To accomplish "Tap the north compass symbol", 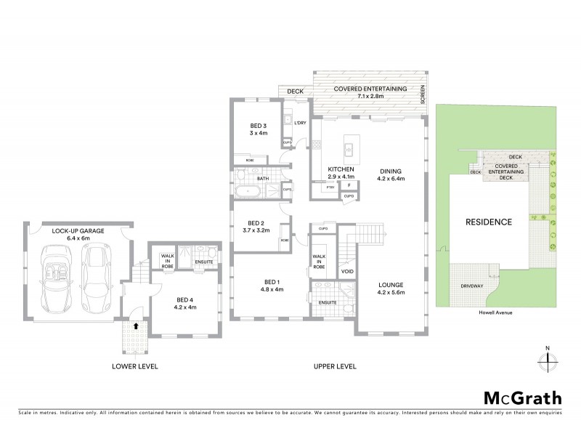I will (x=547, y=360).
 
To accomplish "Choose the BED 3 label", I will (x=259, y=129).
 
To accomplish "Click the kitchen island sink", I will (x=349, y=150).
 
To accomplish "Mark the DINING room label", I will (x=390, y=172).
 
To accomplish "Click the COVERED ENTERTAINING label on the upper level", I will (x=370, y=89).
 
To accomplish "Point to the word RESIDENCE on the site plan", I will (x=489, y=222).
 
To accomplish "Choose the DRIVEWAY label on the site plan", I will (x=472, y=286).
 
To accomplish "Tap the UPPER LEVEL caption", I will (x=334, y=366).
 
